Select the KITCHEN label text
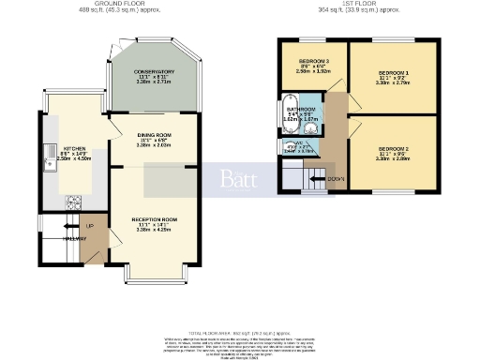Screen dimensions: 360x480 pos(74,148)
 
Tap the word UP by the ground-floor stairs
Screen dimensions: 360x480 pos(90,226)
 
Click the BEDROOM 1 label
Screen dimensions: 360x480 pos(393,72)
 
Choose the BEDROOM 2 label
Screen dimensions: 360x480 pos(393,149)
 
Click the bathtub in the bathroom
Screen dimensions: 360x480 pos(289,109)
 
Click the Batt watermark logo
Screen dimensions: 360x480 pos(239,178)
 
